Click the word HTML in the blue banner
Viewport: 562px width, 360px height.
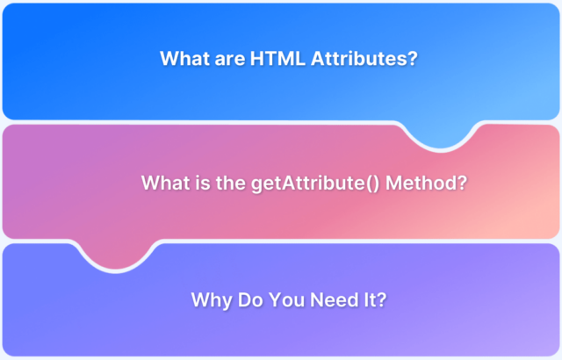277,58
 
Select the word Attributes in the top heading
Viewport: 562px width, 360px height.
359,58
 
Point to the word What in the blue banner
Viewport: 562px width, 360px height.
185,58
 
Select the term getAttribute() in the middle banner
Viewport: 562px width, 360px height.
315,184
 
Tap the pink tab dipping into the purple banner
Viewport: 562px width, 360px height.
116,254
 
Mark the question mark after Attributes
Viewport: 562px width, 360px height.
413,58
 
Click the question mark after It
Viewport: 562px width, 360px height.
381,299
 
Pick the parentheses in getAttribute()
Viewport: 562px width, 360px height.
373,184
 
